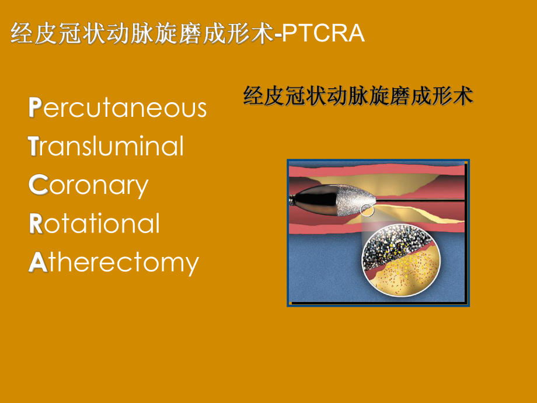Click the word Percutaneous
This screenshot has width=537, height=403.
coord(117,108)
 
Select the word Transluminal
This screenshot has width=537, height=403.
coord(106,146)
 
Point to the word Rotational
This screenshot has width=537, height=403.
coord(94,224)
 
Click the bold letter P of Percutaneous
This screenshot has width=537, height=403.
coord(35,108)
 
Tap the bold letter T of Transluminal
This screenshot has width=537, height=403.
coord(33,146)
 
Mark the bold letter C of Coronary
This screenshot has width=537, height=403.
coord(36,185)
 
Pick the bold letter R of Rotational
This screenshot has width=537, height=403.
coord(36,224)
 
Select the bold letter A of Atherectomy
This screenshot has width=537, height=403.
coord(37,263)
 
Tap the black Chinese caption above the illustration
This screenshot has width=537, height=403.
coord(358,96)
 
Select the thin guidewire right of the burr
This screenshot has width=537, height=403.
coord(420,201)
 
